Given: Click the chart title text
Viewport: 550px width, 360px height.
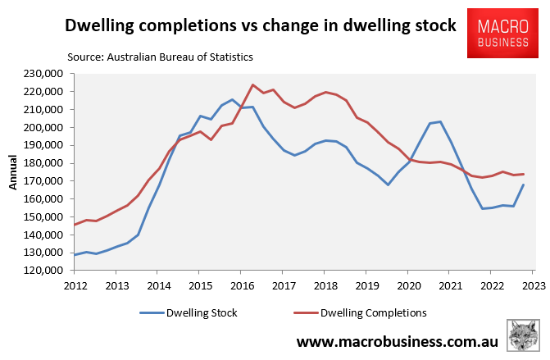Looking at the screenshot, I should pyautogui.click(x=261, y=25).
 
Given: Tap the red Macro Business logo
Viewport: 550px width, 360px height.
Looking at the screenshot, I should pyautogui.click(x=502, y=34).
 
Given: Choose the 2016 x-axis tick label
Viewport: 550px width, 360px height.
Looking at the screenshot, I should pyautogui.click(x=242, y=285).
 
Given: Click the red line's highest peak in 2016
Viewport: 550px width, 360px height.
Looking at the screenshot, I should pyautogui.click(x=252, y=84).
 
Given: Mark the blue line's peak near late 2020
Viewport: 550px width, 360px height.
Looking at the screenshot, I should pyautogui.click(x=440, y=121).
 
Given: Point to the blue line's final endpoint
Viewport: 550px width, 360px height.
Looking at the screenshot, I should pyautogui.click(x=524, y=185).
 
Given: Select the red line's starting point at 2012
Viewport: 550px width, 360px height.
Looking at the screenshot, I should pyautogui.click(x=75, y=225).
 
